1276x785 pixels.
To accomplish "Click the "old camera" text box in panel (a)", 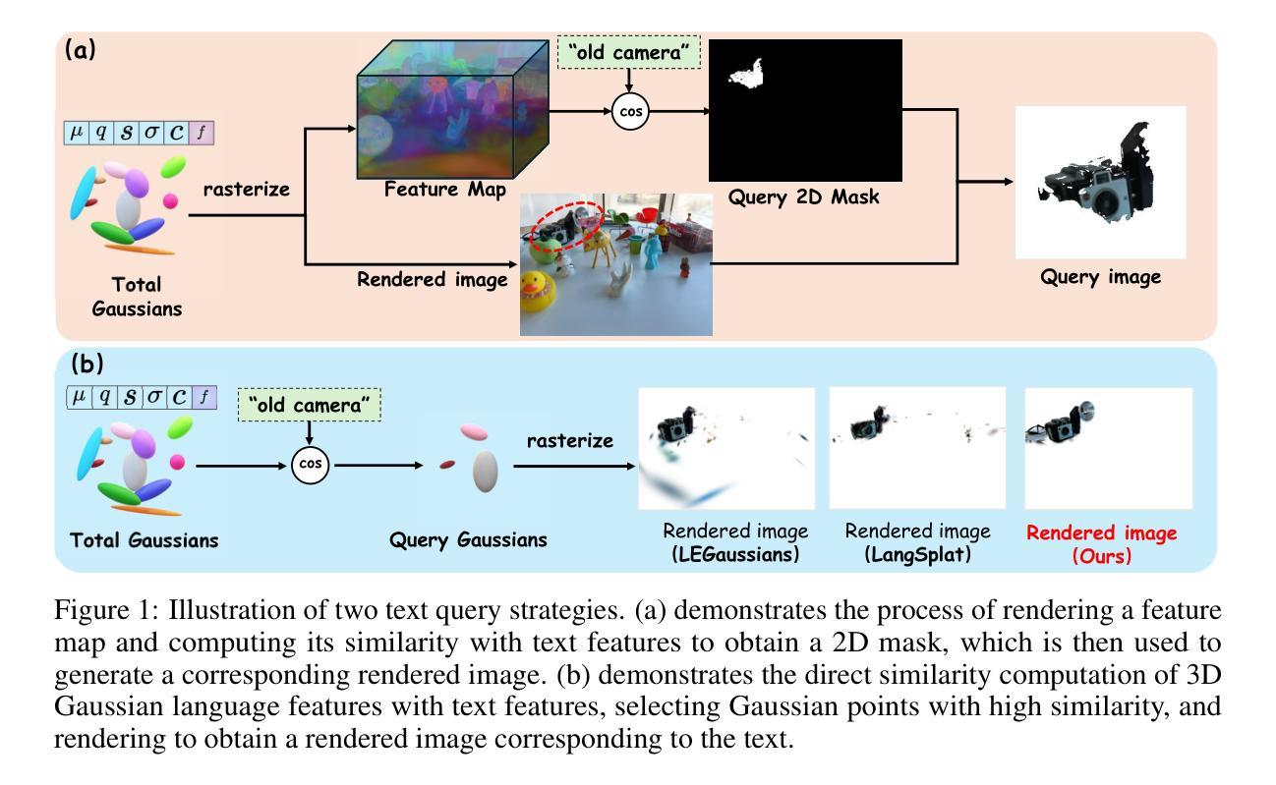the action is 629,52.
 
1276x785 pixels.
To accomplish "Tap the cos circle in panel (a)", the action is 630,112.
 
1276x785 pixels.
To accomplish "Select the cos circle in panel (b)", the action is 310,465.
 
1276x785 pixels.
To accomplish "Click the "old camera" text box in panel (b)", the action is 310,405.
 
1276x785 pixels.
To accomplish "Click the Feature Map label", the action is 445,189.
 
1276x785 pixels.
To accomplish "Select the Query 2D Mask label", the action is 803,196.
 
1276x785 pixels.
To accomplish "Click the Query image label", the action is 1101,277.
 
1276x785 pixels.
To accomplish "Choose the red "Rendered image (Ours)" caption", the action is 1102,544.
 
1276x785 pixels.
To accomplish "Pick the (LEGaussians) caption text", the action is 735,554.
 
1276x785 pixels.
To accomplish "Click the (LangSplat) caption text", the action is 918,554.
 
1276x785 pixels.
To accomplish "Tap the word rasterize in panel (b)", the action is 569,440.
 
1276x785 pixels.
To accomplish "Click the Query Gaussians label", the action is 468,539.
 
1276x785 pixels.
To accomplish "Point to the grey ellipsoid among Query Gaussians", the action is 486,472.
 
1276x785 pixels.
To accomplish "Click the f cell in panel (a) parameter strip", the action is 203,133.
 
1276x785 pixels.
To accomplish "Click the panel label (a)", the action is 80,50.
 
